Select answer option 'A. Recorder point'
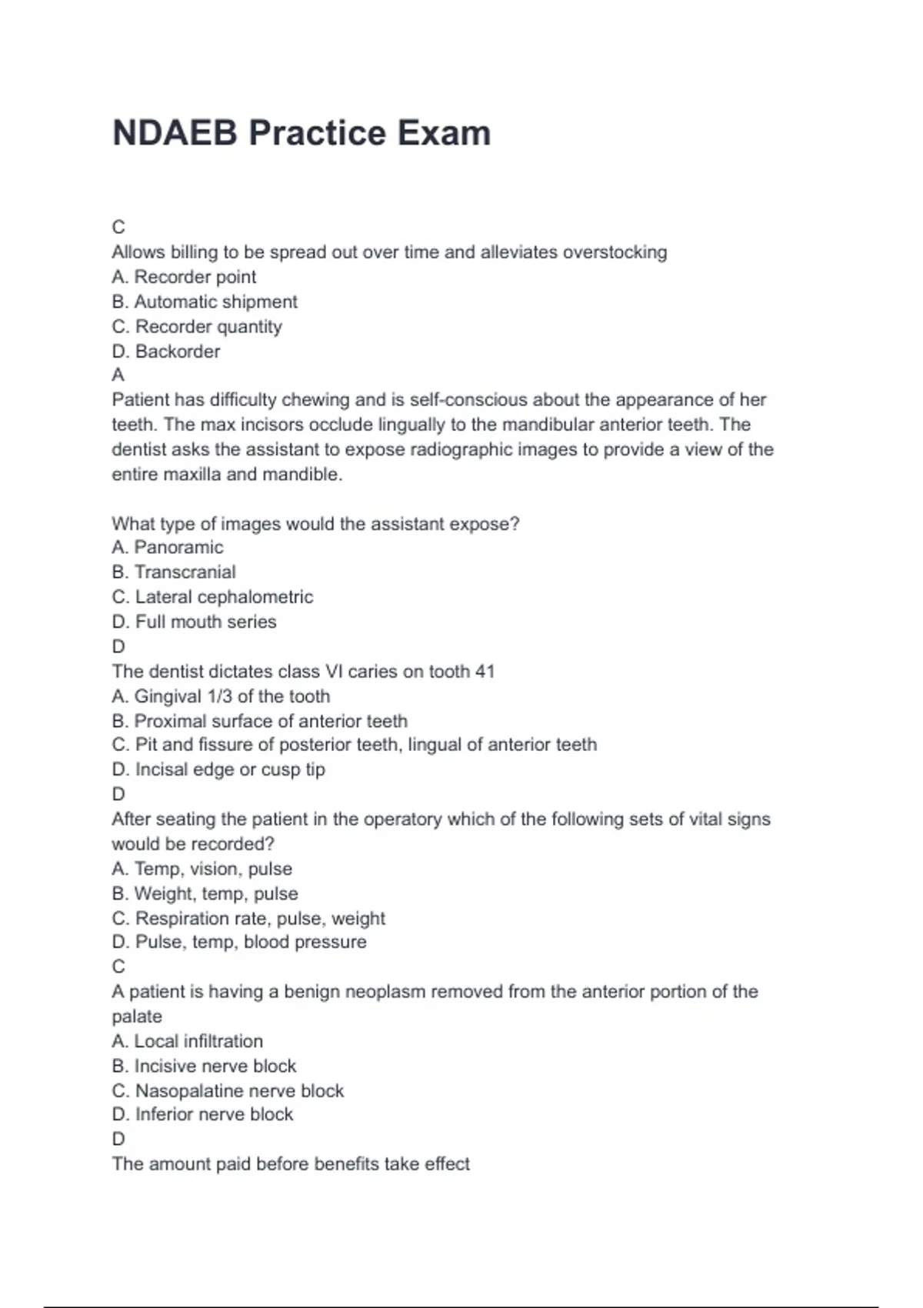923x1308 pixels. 184,277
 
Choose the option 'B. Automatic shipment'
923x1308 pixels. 205,302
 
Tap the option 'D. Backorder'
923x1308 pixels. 166,352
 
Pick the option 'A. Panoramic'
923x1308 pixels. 168,547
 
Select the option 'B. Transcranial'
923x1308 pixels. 174,572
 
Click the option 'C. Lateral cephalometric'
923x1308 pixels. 212,597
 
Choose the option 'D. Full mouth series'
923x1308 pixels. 194,622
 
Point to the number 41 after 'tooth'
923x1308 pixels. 485,672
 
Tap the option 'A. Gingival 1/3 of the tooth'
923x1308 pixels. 221,696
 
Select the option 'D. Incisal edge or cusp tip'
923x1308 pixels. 218,769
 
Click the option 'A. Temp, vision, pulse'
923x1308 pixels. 202,869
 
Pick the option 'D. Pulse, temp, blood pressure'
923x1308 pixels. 239,942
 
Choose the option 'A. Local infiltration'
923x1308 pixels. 187,1041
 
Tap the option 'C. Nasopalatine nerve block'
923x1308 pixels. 228,1091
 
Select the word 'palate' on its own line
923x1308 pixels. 137,1016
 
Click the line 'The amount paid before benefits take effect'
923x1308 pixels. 291,1164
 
